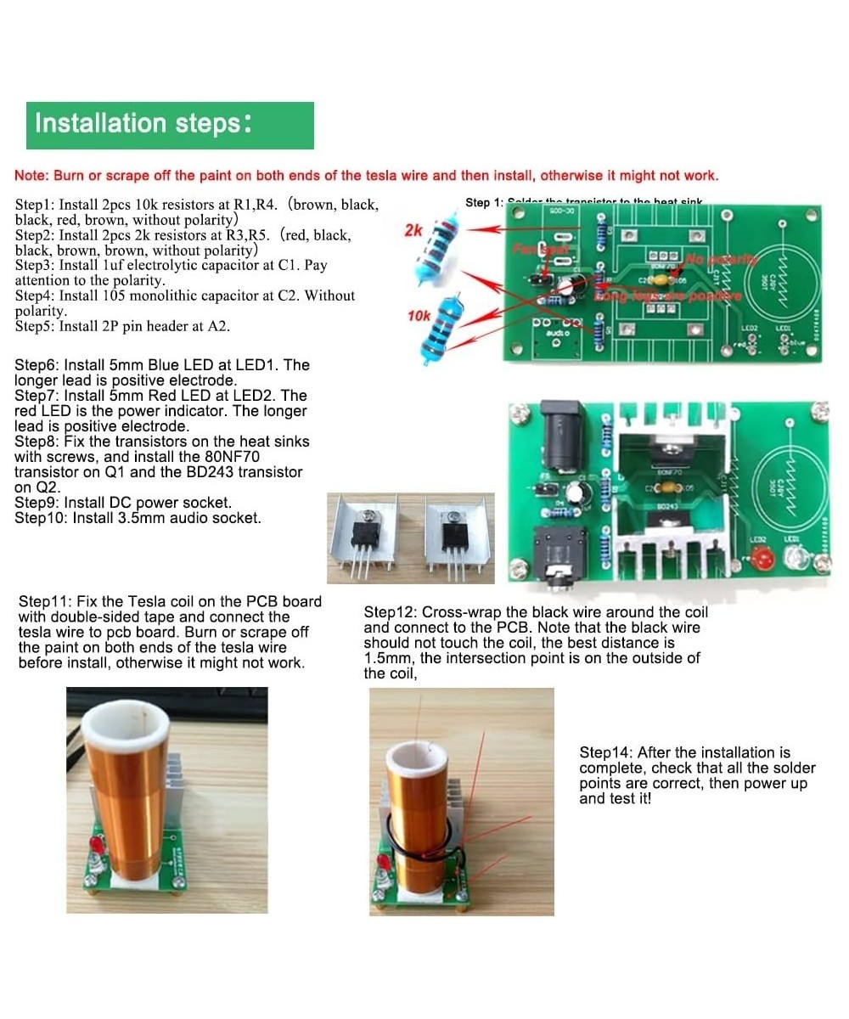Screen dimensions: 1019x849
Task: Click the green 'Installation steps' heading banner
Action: point(170,125)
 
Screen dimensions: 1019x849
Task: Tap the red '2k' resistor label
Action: point(413,230)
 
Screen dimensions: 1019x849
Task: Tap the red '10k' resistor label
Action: point(419,316)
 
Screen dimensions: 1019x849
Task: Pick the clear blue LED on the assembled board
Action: point(796,558)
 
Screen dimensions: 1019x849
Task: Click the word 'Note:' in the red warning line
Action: point(31,176)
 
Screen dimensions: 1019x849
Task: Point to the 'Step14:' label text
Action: point(606,752)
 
